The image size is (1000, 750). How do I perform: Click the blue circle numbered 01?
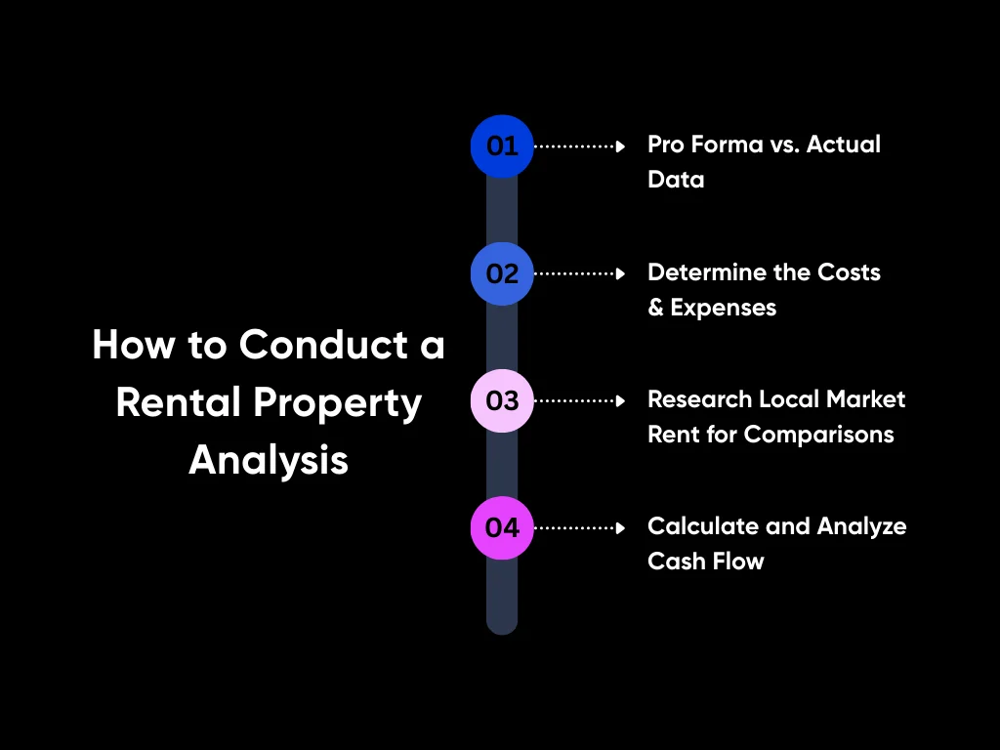pos(502,146)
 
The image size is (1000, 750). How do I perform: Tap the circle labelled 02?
pos(502,273)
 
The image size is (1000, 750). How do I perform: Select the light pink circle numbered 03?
pos(502,400)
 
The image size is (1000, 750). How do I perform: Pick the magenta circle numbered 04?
pos(502,527)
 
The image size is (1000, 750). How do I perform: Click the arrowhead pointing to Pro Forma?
pos(620,146)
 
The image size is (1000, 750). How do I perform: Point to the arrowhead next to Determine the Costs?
pos(620,273)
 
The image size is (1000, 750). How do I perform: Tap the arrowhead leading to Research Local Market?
pos(620,400)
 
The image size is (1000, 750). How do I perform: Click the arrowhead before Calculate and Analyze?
pos(620,527)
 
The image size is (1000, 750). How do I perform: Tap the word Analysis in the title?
pos(269,459)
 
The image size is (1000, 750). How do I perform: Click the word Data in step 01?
pos(676,180)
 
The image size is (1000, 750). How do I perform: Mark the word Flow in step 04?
pos(737,562)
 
